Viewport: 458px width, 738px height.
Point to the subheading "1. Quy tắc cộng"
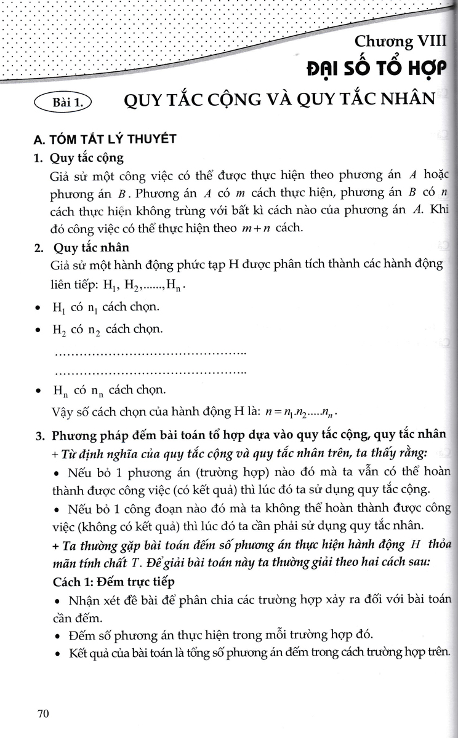[x=79, y=158]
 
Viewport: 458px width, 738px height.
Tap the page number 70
[x=43, y=713]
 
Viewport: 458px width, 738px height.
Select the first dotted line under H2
[x=151, y=354]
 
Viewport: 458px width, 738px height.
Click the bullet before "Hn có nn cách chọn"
[x=38, y=391]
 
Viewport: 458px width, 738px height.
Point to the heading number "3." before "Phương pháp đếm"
[x=39, y=436]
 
